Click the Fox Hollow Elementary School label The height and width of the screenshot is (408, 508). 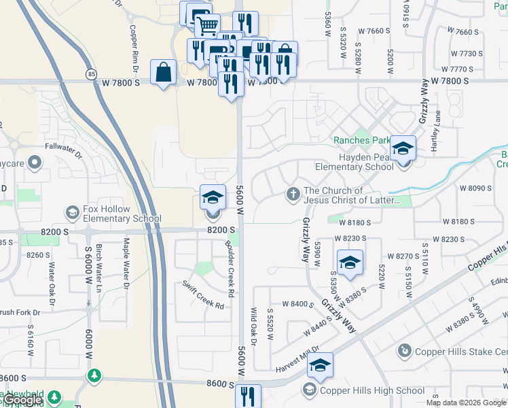click(122, 214)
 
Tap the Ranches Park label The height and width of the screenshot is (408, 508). click(361, 141)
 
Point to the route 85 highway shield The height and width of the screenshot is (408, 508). click(91, 73)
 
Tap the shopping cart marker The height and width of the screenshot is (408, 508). click(207, 26)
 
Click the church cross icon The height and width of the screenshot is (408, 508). click(293, 194)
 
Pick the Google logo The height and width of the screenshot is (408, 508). click(23, 401)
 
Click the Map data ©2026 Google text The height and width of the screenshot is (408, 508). click(465, 403)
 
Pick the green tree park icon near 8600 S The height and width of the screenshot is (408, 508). click(94, 375)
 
